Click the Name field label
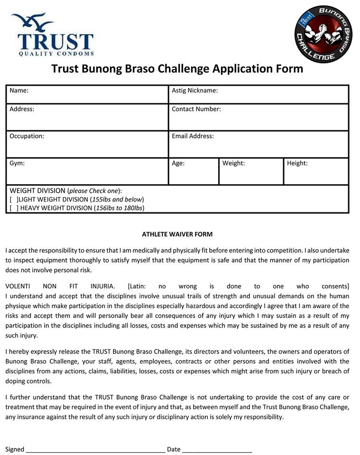19,90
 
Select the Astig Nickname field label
194,90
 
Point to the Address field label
22,109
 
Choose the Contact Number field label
196,109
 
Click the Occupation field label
27,136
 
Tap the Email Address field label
193,136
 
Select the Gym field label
17,163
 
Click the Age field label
178,163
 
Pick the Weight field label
233,163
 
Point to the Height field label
297,163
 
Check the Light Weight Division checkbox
14,200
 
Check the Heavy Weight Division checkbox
14,208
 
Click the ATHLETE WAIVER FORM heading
177,234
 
